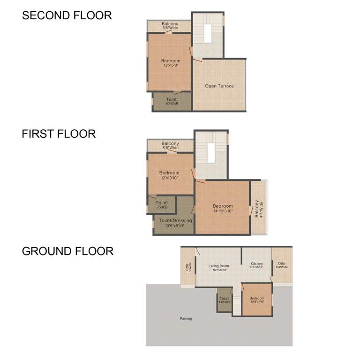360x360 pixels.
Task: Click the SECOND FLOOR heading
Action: pyautogui.click(x=67, y=15)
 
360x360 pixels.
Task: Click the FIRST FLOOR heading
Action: pyautogui.click(x=59, y=134)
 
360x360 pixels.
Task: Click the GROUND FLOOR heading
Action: pyautogui.click(x=67, y=251)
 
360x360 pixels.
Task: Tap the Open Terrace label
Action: pyautogui.click(x=219, y=86)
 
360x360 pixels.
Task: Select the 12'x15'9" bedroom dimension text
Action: pyautogui.click(x=171, y=66)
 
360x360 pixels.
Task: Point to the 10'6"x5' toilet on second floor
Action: pyautogui.click(x=172, y=102)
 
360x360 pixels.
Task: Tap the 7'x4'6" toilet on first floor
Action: pyautogui.click(x=162, y=205)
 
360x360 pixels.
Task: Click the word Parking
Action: pyautogui.click(x=186, y=319)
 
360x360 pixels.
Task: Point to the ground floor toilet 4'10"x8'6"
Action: pyautogui.click(x=224, y=300)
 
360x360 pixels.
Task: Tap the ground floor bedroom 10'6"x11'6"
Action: pyautogui.click(x=257, y=300)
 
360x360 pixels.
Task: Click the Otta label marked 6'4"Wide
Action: pyautogui.click(x=282, y=265)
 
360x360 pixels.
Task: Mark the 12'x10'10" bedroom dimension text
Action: pyautogui.click(x=169, y=178)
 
